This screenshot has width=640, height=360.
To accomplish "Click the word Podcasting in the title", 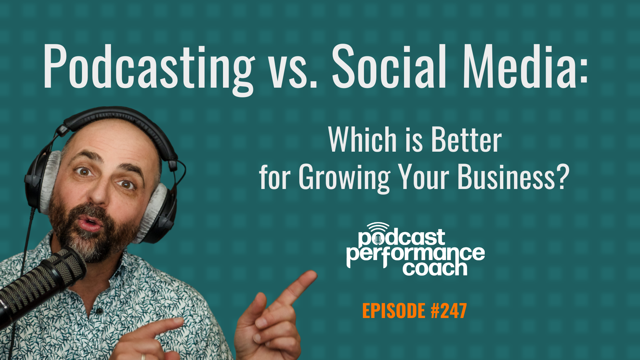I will [x=148, y=68].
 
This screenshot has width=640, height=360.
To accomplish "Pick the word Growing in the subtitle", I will [x=344, y=178].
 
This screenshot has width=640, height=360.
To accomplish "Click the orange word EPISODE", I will [x=394, y=311].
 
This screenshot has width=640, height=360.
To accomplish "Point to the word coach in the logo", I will [x=435, y=269].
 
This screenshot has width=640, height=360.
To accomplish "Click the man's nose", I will [x=100, y=193].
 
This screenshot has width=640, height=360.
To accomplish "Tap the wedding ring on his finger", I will [x=143, y=356].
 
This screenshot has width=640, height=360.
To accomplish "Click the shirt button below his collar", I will [x=99, y=311].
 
